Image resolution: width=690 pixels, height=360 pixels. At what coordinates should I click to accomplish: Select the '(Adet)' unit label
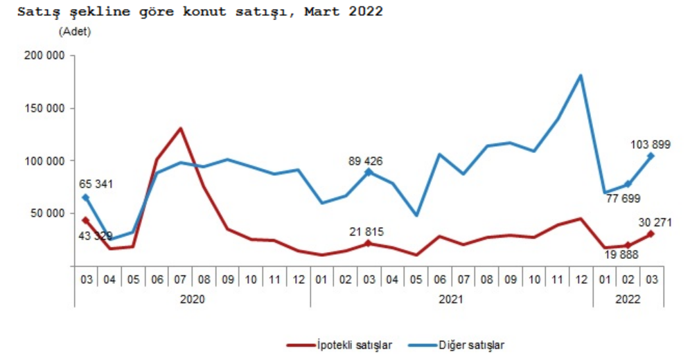click(75, 32)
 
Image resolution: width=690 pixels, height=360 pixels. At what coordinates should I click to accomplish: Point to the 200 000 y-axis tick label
click(44, 56)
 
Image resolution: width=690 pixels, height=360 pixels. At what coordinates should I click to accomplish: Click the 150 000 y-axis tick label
click(44, 109)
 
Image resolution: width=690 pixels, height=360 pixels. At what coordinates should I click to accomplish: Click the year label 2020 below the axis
click(192, 299)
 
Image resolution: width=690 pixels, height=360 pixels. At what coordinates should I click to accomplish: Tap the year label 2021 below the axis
click(451, 299)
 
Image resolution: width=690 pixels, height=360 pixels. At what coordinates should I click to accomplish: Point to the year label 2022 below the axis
click(628, 299)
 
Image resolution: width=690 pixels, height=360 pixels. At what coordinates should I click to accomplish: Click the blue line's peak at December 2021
click(581, 75)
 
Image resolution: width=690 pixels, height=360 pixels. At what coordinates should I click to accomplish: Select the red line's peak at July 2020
click(180, 128)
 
